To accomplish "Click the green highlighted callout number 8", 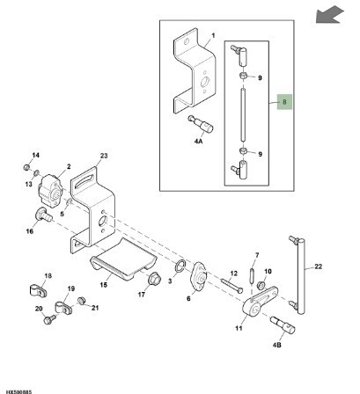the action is click(x=284, y=102).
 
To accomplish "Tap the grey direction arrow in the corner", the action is click(x=329, y=15).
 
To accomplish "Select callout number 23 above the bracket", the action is click(x=104, y=156).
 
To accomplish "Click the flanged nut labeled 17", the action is click(x=154, y=278).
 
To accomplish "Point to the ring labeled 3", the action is click(x=180, y=266).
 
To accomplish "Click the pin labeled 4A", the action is click(x=201, y=125).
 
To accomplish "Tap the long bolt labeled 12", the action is click(x=231, y=286).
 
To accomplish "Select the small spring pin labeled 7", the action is click(x=252, y=275).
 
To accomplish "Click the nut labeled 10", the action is click(x=261, y=285).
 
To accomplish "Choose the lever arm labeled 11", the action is click(x=261, y=301).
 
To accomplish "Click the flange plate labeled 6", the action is click(x=200, y=277).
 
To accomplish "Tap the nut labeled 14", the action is click(x=26, y=167).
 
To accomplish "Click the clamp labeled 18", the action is click(x=38, y=290).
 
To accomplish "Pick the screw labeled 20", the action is click(x=49, y=319).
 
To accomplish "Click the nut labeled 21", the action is click(x=81, y=301).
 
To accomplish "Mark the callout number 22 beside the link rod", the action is click(x=318, y=266).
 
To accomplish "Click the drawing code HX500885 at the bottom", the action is click(x=18, y=391).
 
